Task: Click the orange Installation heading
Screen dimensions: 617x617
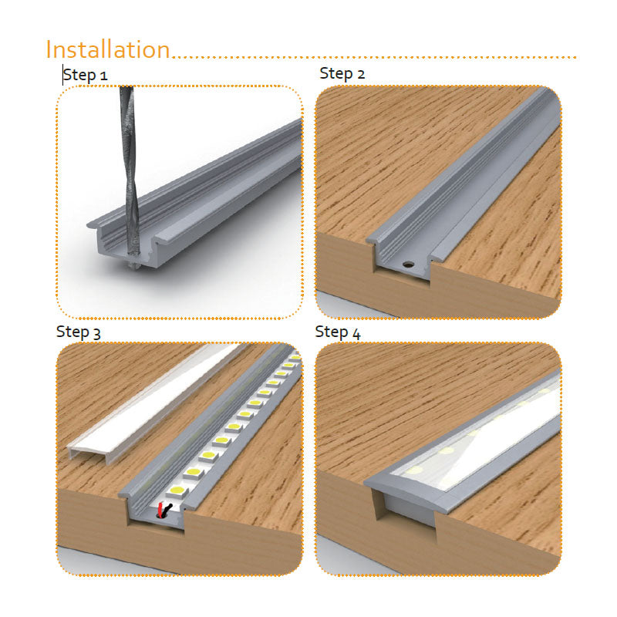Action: click(x=108, y=49)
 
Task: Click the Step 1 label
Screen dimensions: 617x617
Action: click(x=85, y=75)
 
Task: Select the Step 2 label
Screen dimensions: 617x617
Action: click(x=342, y=73)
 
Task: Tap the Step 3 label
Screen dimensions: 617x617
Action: click(x=79, y=332)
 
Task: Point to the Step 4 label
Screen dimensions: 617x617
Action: click(x=338, y=332)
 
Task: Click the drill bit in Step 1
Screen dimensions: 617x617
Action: click(x=129, y=173)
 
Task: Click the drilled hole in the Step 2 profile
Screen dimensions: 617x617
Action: click(x=408, y=264)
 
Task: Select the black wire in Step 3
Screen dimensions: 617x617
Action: click(x=167, y=511)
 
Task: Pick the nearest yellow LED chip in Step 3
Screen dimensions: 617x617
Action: click(x=177, y=491)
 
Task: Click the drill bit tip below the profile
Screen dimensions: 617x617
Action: click(x=134, y=266)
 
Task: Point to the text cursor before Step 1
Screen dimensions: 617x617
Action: click(x=63, y=75)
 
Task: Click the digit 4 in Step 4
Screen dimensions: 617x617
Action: click(x=356, y=334)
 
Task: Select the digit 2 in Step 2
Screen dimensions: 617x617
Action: click(x=360, y=74)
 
